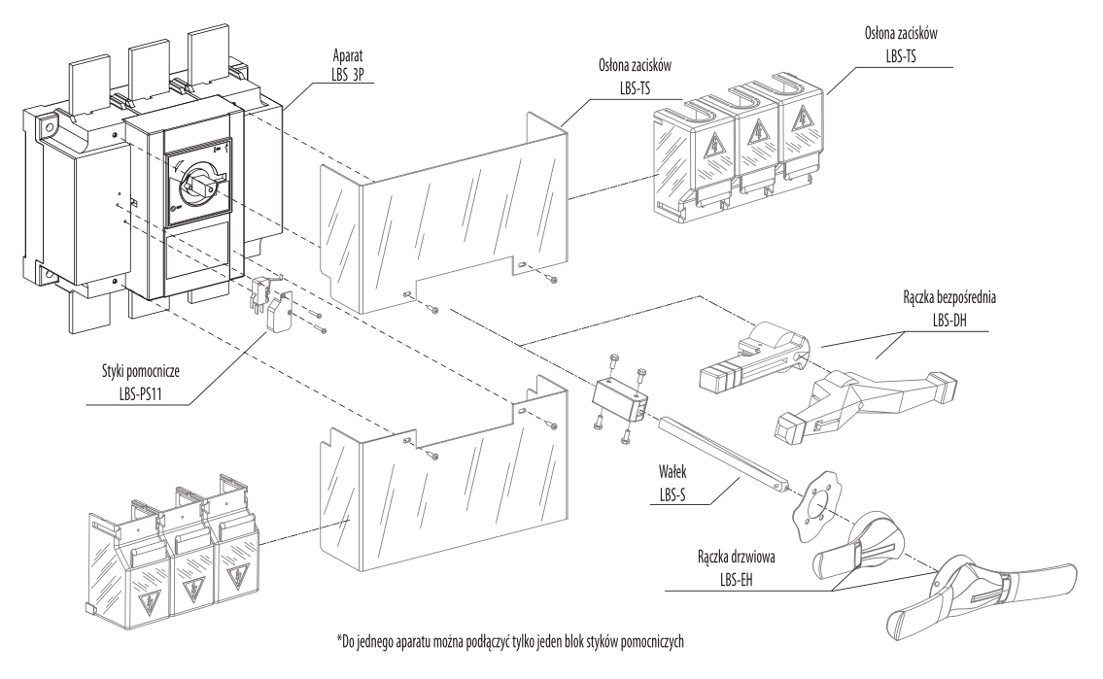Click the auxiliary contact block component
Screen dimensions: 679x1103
click(273, 299)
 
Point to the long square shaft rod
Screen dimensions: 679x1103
click(722, 450)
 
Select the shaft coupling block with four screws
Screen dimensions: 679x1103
click(616, 397)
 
